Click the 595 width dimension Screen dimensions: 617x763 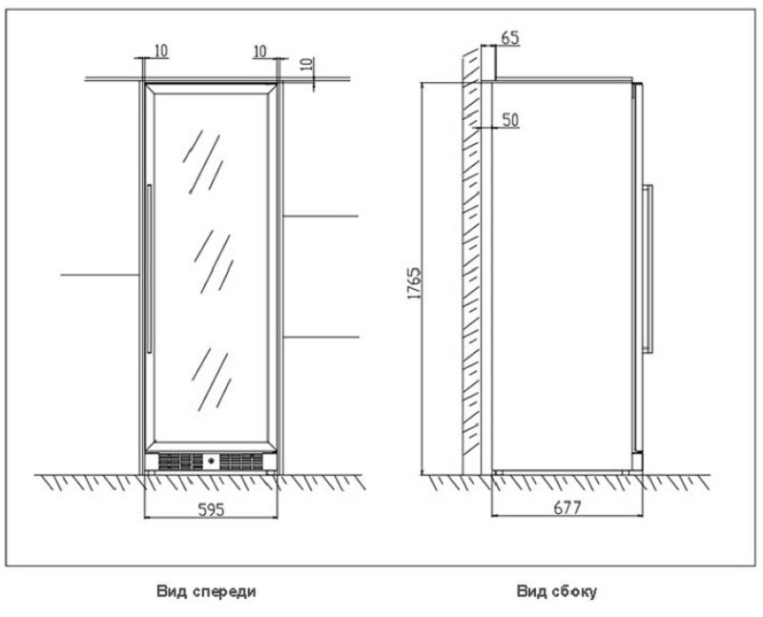point(210,509)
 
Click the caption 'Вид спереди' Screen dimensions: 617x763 point(206,591)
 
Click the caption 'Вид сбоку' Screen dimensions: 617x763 point(557,591)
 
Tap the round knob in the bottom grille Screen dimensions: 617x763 point(211,463)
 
